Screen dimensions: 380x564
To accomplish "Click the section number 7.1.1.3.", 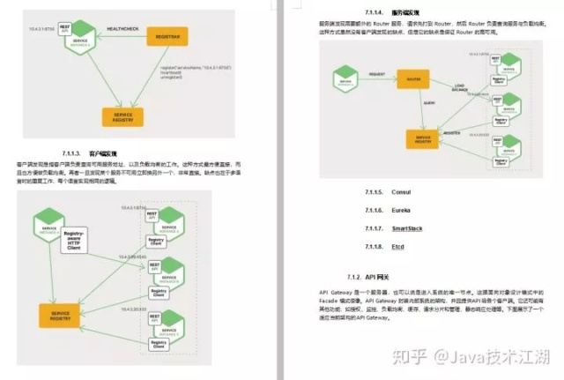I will click(x=78, y=153).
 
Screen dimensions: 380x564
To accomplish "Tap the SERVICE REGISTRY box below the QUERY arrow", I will click(x=420, y=140).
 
